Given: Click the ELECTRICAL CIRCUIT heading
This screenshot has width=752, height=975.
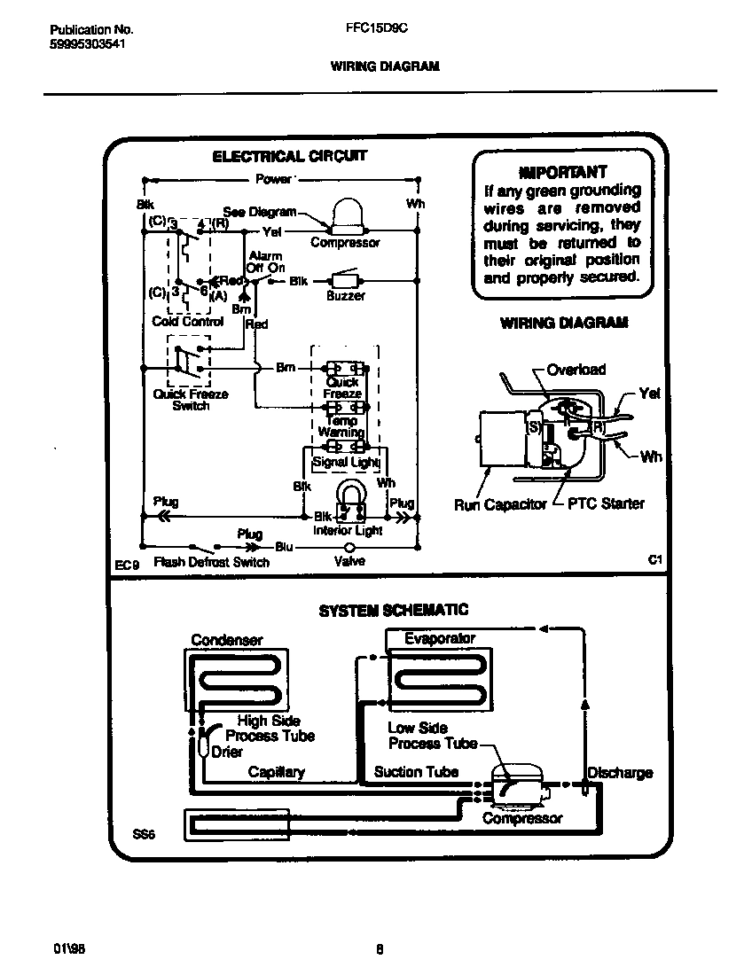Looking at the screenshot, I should (x=289, y=156).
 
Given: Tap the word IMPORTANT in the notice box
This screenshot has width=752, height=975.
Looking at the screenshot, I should (x=562, y=171).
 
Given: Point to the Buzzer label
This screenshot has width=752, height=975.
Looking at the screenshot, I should (x=345, y=296).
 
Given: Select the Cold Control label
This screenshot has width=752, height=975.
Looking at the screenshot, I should (x=188, y=322).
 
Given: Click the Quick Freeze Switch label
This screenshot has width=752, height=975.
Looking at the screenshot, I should (x=191, y=400).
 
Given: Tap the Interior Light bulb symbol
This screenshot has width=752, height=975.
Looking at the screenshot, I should (x=349, y=501).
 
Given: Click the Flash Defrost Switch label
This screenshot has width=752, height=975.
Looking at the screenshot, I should (x=212, y=562).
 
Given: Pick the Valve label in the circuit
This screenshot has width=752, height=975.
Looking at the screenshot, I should (x=349, y=561).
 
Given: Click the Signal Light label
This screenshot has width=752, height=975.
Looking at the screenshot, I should (x=345, y=462).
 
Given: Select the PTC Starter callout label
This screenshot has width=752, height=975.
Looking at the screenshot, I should (x=606, y=504).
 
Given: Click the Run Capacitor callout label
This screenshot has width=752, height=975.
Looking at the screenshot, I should (x=500, y=505).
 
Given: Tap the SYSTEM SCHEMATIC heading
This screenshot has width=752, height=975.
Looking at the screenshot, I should (x=393, y=610).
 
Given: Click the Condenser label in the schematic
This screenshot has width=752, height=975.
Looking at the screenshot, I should (x=227, y=640).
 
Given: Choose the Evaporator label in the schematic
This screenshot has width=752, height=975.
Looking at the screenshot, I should (x=440, y=638).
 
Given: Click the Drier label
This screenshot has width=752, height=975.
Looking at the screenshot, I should (x=227, y=752).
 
